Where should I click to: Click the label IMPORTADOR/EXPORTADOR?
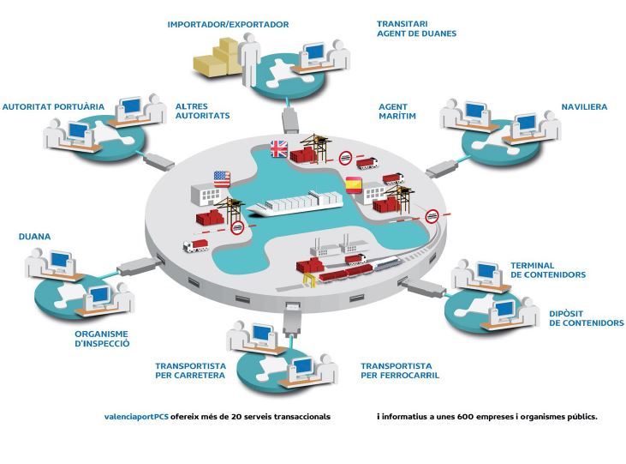pos(228,25)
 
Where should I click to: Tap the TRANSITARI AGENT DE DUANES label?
pos(416,28)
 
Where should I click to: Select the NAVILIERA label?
pos(584,107)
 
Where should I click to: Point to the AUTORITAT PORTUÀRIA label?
pos(53,107)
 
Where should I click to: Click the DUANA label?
pos(34,235)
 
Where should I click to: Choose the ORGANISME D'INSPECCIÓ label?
pos(101,338)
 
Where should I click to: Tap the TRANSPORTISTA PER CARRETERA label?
pos(190,370)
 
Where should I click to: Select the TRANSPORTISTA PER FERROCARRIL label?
pos(405,370)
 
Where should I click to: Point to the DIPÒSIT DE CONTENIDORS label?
pos(586,318)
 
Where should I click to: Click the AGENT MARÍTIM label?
pos(397,111)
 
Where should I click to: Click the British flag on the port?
pos(279,148)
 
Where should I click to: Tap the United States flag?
pos(221,178)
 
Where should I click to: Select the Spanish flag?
pos(353,183)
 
